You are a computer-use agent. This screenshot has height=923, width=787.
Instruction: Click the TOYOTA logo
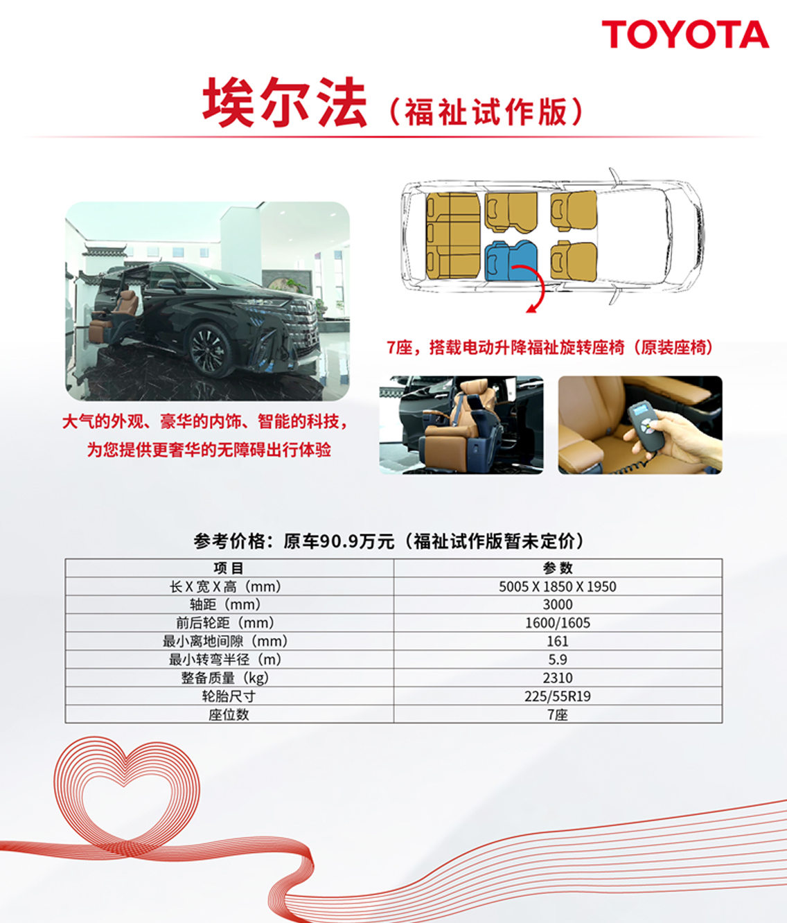(x=685, y=35)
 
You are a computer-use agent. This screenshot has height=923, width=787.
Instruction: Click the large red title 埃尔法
(x=285, y=103)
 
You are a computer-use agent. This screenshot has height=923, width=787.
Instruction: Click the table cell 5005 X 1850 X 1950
(x=558, y=586)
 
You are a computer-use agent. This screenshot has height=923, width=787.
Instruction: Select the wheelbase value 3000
(x=558, y=604)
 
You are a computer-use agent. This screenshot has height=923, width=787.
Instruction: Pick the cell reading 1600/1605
(x=558, y=622)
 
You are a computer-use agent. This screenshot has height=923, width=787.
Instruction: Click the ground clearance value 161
(x=558, y=641)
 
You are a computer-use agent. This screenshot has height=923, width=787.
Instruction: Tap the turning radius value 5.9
(x=558, y=659)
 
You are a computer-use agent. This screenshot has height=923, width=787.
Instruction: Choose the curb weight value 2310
(x=558, y=678)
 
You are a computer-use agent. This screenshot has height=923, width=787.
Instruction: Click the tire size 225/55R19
(x=558, y=696)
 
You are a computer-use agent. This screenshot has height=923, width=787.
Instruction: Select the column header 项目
(x=229, y=568)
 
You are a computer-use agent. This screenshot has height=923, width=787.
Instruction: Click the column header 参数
(x=558, y=568)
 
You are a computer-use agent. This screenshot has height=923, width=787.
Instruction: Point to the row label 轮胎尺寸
(x=229, y=696)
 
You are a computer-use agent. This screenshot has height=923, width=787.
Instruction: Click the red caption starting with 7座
(x=549, y=347)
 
